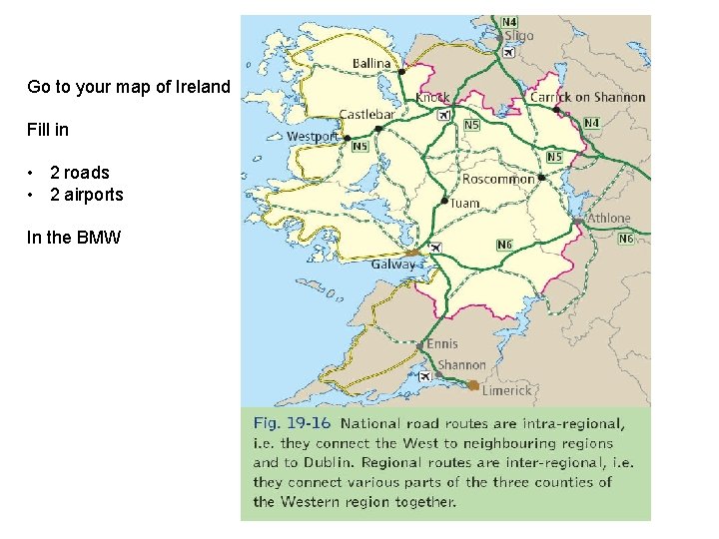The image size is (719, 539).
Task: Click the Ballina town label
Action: [x=371, y=64]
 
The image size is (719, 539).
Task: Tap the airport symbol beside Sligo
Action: [x=509, y=53]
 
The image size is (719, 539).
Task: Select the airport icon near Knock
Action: [x=441, y=115]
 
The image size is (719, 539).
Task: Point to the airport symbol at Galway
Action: [x=434, y=247]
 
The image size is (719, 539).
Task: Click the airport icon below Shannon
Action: [x=425, y=375]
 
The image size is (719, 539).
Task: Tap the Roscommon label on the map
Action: [x=498, y=180]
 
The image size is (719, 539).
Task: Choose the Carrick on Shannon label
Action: [x=587, y=97]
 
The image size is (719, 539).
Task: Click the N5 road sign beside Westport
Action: [x=361, y=147]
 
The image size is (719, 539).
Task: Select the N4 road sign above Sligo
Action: [x=509, y=21]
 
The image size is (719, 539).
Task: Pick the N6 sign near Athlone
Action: [x=626, y=239]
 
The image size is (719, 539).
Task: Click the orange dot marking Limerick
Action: [x=473, y=385]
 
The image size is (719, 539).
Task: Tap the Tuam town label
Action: [x=464, y=203]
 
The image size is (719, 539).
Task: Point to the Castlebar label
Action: [x=366, y=115]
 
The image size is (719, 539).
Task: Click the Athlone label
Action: [x=609, y=218]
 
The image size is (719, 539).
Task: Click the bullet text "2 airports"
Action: [x=86, y=195]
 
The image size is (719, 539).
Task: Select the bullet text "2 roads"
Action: [x=79, y=173]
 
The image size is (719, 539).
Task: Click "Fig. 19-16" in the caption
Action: [x=292, y=423]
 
